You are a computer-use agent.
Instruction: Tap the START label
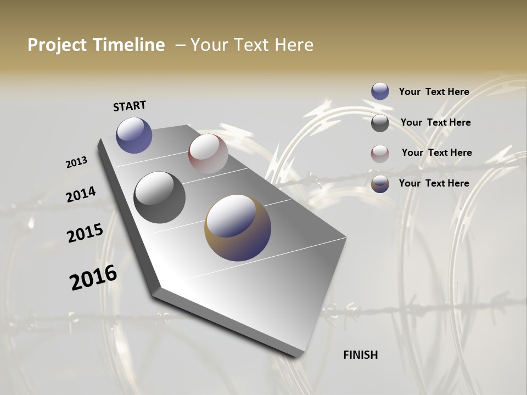tap(130, 106)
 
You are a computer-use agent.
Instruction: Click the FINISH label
tap(360, 355)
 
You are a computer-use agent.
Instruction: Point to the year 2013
tap(76, 162)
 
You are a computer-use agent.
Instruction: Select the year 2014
tap(81, 195)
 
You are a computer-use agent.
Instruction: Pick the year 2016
tap(93, 277)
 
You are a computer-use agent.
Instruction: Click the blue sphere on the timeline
tap(134, 135)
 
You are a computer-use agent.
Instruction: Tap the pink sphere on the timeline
tap(208, 154)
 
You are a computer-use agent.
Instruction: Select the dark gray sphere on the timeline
tap(159, 198)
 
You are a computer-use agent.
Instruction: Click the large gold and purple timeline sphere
tap(238, 228)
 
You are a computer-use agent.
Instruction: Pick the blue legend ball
tap(380, 91)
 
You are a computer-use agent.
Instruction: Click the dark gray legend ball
tap(380, 123)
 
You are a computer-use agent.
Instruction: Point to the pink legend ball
tap(380, 154)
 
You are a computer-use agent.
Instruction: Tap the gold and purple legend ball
tap(380, 184)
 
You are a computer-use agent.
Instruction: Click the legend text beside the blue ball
tap(434, 92)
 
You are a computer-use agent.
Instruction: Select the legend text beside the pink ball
tap(436, 153)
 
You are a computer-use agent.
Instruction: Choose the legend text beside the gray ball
tap(435, 122)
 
